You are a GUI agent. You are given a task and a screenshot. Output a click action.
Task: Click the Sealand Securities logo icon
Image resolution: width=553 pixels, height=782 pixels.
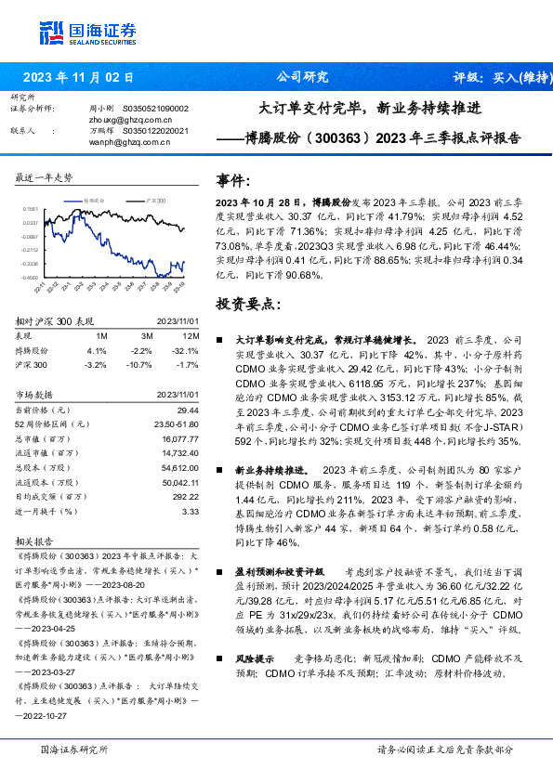(51, 33)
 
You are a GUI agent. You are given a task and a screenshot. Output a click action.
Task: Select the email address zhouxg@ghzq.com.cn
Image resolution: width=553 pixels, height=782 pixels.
(115, 120)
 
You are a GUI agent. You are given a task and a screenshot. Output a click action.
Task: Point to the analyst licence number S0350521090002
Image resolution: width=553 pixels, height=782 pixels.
(155, 109)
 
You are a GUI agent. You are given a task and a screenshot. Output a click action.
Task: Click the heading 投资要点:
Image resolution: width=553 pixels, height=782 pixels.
(247, 304)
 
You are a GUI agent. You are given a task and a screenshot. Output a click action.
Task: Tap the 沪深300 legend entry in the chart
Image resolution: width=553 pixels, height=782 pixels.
(155, 200)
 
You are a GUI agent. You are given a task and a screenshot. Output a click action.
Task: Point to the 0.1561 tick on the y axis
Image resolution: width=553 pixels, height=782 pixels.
(30, 210)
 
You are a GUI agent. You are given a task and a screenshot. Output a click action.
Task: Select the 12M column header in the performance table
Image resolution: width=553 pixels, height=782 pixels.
(191, 334)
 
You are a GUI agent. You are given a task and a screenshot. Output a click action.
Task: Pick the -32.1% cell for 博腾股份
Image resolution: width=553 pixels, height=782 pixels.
(189, 351)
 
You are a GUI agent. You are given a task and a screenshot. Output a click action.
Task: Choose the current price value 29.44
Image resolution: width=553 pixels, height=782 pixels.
(189, 409)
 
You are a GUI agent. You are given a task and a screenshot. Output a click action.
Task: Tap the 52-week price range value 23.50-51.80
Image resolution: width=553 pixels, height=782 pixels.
(177, 424)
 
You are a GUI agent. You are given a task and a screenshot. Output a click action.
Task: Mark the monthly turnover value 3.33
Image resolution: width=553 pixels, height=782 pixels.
(191, 511)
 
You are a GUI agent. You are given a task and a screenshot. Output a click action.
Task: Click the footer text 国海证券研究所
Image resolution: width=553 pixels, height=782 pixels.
(74, 749)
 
